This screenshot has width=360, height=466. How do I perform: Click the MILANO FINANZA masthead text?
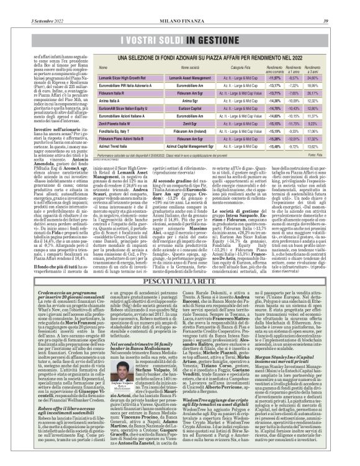click(x=180, y=6)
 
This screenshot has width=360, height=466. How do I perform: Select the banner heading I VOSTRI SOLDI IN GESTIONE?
click(x=179, y=41)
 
